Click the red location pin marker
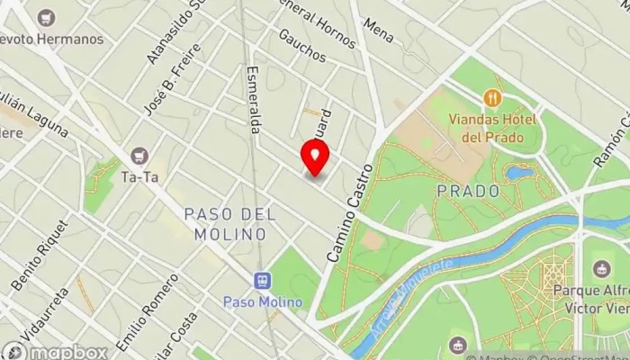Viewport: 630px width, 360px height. point(315,159)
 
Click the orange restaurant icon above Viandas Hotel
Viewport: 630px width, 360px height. point(490,97)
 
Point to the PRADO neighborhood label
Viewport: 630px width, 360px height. point(468,191)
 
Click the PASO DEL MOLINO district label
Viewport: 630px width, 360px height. point(225,224)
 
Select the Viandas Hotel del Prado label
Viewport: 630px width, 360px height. point(494,129)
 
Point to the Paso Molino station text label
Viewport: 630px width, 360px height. point(264,301)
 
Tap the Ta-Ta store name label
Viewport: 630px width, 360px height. point(139,177)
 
